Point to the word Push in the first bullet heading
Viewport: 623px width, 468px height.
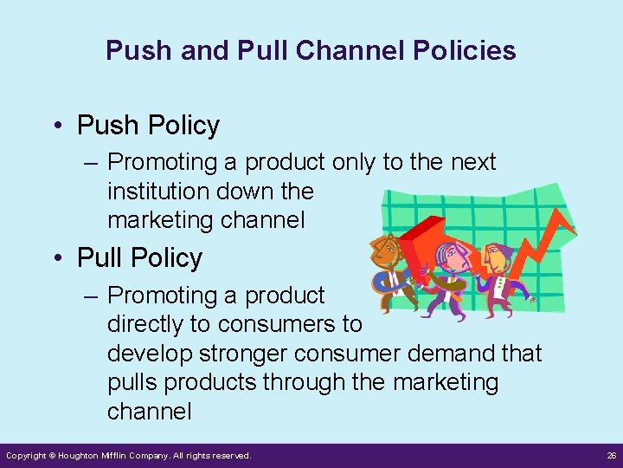(108, 126)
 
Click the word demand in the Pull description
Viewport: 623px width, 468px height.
(458, 354)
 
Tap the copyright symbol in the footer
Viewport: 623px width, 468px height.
(52, 456)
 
